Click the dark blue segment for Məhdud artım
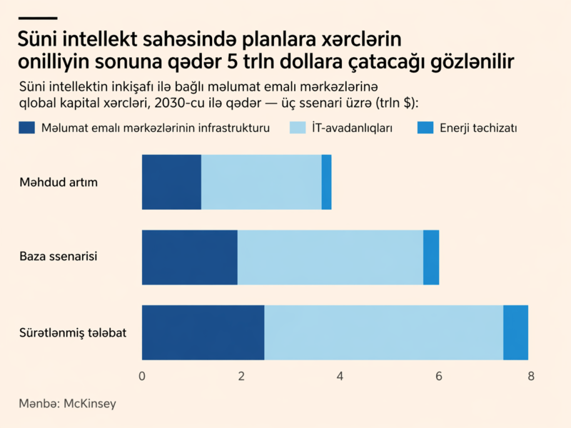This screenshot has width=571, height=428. (171, 182)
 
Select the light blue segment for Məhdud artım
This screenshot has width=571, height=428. (261, 182)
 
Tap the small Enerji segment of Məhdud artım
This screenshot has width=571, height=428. (326, 182)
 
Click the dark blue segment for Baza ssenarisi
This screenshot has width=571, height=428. (189, 257)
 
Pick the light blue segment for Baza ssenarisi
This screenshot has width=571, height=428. (330, 257)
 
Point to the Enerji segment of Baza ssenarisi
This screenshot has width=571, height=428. (431, 257)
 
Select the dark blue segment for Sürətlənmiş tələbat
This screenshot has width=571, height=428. (203, 332)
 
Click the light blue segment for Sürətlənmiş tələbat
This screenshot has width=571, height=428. (383, 332)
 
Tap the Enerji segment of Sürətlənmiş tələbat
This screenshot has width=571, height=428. (515, 332)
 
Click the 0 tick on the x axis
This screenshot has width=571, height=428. (143, 376)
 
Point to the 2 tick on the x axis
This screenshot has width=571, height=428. (241, 376)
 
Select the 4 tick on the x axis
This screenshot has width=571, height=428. (340, 376)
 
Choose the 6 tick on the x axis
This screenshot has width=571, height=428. (439, 376)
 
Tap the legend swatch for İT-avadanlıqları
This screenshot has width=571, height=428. (297, 128)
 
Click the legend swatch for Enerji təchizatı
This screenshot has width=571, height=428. (425, 128)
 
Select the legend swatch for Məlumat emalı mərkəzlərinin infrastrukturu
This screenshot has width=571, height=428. (26, 128)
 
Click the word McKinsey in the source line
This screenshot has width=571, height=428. (89, 404)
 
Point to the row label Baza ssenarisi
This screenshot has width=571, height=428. (58, 256)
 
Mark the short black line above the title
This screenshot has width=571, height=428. (37, 18)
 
